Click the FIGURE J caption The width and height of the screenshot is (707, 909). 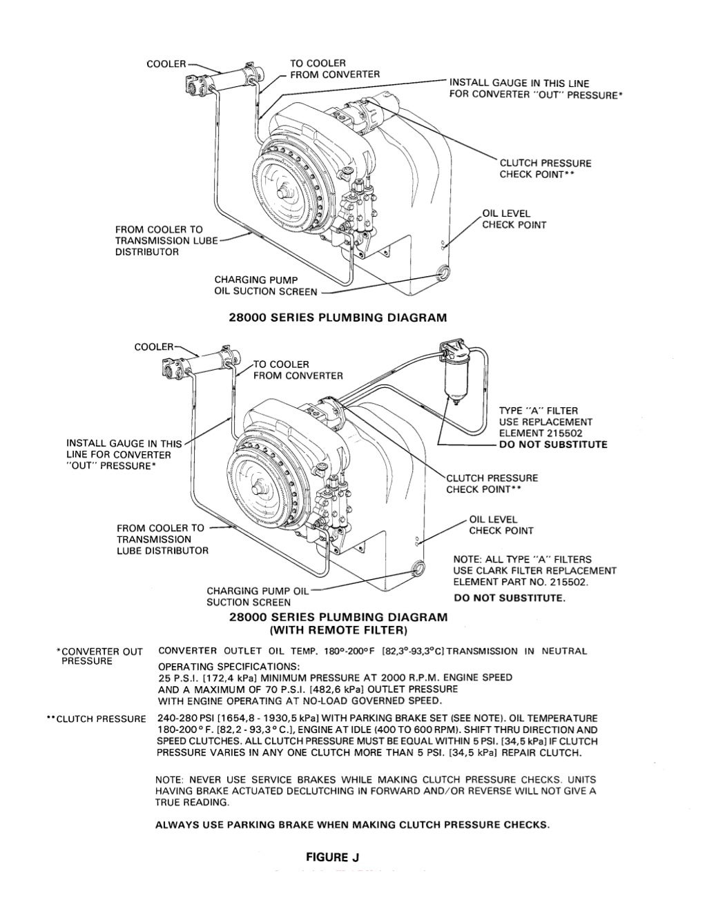click(x=333, y=857)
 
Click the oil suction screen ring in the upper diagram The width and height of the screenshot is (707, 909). click(x=443, y=273)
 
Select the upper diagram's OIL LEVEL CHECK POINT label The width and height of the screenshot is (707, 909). click(x=514, y=219)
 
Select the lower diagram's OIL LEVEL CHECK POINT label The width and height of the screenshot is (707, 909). click(x=501, y=525)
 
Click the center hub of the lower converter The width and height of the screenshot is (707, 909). click(x=260, y=485)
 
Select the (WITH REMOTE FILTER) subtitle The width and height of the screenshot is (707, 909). click(x=338, y=630)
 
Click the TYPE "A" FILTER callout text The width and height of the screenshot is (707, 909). click(x=539, y=411)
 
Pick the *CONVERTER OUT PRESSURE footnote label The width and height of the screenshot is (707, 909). click(x=99, y=656)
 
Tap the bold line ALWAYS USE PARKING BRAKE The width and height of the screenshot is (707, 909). click(x=353, y=824)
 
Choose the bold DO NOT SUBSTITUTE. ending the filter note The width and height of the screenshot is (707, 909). click(x=510, y=598)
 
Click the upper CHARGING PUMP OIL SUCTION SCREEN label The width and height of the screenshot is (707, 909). click(x=265, y=286)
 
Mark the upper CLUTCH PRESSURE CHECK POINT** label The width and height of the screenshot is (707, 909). click(x=545, y=169)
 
